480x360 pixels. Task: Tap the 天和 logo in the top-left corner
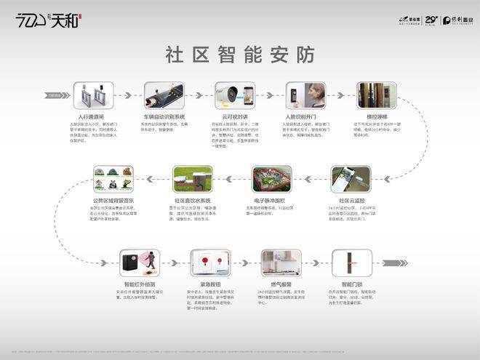[44, 20]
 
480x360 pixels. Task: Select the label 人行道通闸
[92, 116]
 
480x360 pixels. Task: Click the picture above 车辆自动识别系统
[164, 96]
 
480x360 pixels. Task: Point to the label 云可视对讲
[234, 116]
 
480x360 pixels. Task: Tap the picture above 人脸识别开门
[305, 96]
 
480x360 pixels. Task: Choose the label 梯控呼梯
[377, 116]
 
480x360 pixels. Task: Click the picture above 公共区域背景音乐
[113, 180]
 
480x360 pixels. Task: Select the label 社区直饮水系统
[193, 201]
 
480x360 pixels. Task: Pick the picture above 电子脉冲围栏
[271, 180]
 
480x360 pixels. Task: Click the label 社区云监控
[351, 201]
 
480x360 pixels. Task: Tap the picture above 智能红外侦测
[139, 263]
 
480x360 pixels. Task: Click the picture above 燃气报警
[281, 263]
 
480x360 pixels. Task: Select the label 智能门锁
[352, 284]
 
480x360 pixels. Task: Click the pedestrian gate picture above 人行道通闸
[93, 96]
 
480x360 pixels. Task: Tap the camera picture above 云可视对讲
[234, 96]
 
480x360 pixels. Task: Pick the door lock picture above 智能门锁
[352, 263]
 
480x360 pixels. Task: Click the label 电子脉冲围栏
[271, 201]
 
